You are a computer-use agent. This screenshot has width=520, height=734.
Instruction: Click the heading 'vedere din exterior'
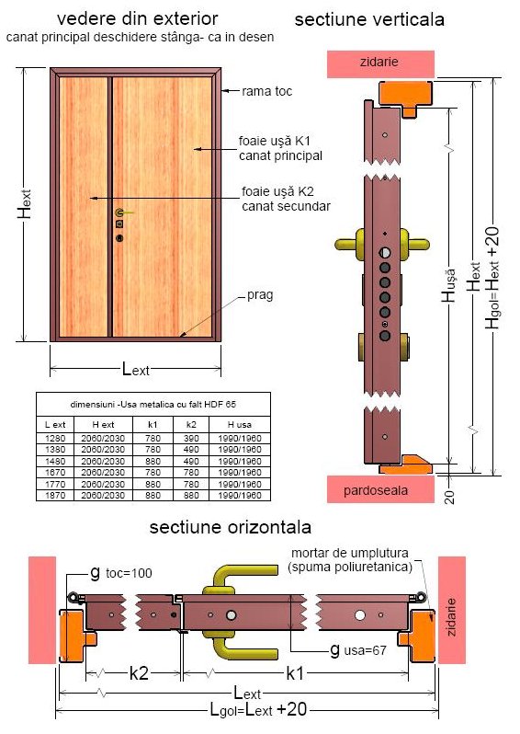pos(138,18)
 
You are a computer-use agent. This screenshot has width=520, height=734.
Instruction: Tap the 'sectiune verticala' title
pos(369,19)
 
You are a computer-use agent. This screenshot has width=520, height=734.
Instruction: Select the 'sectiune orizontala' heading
pos(230,527)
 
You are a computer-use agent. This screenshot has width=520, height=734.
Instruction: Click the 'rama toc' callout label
pos(267,91)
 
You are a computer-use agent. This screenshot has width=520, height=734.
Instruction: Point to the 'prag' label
pos(260,296)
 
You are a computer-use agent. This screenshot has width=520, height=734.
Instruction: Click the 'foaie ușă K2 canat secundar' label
pos(286,199)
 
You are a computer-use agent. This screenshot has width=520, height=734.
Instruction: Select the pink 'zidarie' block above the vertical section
pos(380,63)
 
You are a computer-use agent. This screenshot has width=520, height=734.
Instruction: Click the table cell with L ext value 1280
pos(55,438)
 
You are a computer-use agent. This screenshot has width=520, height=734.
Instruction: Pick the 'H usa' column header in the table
pos(240,425)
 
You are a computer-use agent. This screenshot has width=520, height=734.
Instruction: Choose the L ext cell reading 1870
pos(55,495)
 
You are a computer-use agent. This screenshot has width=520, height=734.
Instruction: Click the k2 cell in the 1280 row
pos(191,438)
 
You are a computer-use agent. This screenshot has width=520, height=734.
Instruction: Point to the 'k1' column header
pos(153,425)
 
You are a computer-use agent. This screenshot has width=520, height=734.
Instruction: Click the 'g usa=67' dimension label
pos(358,649)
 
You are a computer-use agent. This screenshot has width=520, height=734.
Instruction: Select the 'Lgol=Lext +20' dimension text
pos(257,710)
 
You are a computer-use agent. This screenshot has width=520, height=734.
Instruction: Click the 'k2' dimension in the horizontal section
pos(139,673)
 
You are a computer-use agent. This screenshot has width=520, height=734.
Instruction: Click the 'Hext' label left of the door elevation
pos(25,204)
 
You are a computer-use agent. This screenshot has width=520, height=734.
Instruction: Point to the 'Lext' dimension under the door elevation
pos(136,370)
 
